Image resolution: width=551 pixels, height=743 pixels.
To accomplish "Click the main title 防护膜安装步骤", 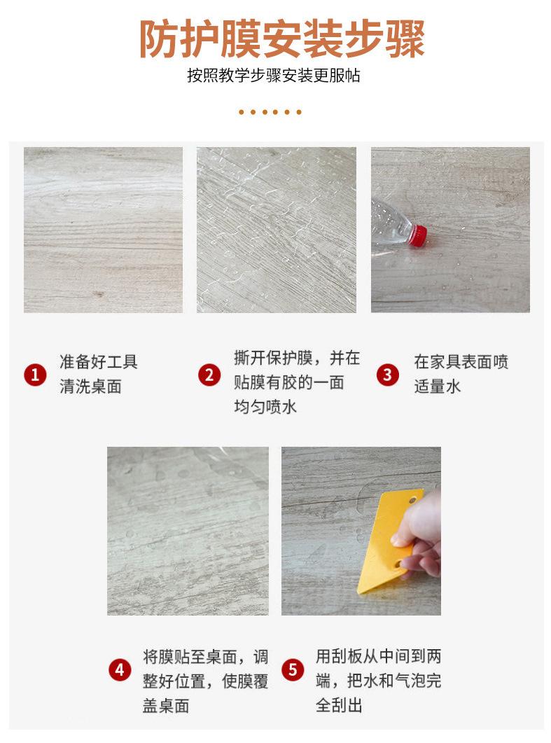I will (x=281, y=40).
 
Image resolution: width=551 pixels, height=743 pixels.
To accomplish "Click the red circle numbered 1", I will (x=34, y=375).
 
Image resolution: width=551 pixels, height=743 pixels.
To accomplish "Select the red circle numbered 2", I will (x=209, y=375).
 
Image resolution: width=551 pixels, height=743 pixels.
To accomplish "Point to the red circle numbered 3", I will (x=387, y=375).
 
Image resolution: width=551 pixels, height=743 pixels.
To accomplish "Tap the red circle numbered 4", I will (x=120, y=669).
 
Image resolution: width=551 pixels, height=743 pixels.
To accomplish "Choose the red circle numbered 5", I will (x=293, y=669).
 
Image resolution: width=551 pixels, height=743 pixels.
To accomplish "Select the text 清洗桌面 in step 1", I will (x=90, y=387).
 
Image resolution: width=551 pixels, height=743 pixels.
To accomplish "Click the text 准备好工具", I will (x=99, y=362).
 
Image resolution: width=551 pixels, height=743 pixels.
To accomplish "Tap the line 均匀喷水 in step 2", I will (x=265, y=406).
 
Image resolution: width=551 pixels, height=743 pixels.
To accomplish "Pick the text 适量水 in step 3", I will (x=437, y=387).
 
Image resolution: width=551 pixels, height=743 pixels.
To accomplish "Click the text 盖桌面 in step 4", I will (x=166, y=705).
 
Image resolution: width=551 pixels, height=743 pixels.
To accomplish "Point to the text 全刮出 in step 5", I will (x=339, y=705).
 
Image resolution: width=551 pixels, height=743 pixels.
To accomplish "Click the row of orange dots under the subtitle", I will (x=270, y=112).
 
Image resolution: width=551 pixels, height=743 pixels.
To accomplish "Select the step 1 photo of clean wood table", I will (x=103, y=230).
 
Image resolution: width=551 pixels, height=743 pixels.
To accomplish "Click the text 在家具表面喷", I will (x=461, y=362).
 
